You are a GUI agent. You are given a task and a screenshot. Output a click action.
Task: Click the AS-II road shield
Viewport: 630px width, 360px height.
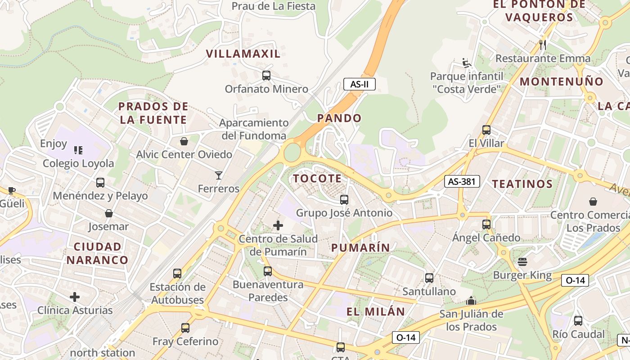click(359, 84)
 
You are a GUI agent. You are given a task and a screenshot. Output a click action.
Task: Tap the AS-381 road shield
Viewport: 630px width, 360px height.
click(462, 181)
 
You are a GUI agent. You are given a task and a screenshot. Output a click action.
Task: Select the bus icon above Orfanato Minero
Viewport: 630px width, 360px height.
click(266, 76)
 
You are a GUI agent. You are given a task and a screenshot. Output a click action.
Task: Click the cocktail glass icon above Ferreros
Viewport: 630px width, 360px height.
click(219, 175)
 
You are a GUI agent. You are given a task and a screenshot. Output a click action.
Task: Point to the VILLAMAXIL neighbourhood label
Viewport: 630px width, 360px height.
click(243, 54)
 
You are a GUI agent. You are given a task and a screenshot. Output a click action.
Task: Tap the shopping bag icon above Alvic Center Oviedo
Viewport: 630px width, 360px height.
click(184, 141)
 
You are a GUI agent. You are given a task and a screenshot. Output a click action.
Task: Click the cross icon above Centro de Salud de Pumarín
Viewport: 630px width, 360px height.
click(278, 225)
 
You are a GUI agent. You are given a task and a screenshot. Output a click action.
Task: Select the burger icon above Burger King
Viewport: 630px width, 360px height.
click(522, 261)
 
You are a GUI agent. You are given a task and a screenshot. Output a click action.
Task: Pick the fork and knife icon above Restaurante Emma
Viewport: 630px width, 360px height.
click(543, 45)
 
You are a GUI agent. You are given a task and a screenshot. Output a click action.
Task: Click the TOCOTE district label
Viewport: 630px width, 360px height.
click(317, 179)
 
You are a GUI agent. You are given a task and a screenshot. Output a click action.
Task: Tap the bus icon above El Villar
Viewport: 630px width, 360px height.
click(486, 130)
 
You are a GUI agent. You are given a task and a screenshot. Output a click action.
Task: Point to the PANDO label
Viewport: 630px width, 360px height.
click(339, 118)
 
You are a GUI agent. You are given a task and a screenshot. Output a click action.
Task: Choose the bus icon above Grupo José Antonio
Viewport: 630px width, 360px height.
click(344, 199)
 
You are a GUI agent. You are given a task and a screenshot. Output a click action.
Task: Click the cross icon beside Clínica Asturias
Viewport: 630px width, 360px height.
click(75, 297)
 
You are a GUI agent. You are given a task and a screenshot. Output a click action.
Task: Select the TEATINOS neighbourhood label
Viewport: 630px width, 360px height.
click(522, 184)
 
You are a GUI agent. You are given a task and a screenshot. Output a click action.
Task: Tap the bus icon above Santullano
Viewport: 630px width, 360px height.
click(429, 278)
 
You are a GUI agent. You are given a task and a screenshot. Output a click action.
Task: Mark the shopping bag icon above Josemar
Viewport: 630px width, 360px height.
click(108, 213)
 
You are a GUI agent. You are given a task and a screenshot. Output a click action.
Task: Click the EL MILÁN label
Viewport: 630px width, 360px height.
click(376, 311)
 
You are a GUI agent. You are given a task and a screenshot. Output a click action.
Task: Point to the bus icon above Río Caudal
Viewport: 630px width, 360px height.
click(578, 321)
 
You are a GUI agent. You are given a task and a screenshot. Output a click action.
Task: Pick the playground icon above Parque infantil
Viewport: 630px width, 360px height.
click(467, 63)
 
